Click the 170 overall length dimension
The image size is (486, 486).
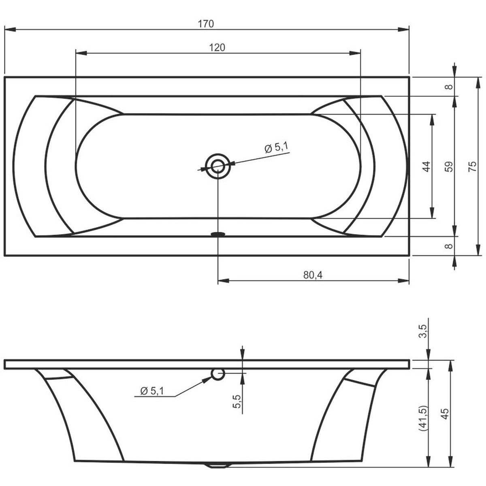206,24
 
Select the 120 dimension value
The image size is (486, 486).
217,47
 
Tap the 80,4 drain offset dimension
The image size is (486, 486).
313,275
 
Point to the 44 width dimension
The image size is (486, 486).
426,166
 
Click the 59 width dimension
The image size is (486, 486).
449,167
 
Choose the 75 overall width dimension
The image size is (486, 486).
472,166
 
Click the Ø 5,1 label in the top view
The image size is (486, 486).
277,148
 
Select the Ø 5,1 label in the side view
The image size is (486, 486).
152,391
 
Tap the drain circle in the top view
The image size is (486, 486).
218,166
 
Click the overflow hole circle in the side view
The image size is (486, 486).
217,374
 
